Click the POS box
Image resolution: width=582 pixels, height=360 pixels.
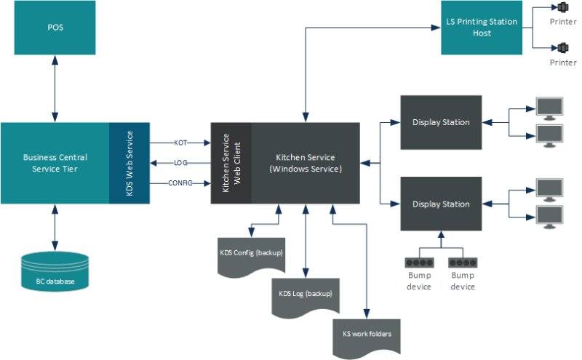pyautogui.click(x=55, y=28)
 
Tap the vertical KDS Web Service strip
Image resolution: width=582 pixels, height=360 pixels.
pyautogui.click(x=129, y=162)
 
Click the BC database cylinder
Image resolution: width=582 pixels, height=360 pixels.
pyautogui.click(x=55, y=273)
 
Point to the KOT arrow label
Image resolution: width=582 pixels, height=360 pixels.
pyautogui.click(x=181, y=143)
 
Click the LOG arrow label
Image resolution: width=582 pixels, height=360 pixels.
pyautogui.click(x=181, y=163)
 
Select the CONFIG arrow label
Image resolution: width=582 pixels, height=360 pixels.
pyautogui.click(x=181, y=183)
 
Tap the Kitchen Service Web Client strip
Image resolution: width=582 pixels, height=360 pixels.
pyautogui.click(x=231, y=162)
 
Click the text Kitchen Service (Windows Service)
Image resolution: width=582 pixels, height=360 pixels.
pyautogui.click(x=305, y=162)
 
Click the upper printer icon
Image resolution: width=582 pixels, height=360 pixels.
pyautogui.click(x=562, y=9)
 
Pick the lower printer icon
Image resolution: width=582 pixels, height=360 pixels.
pyautogui.click(x=562, y=48)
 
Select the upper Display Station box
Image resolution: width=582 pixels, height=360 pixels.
pyautogui.click(x=441, y=122)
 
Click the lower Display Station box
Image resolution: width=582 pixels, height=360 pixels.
pyautogui.click(x=441, y=204)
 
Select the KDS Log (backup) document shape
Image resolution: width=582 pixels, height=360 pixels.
pyautogui.click(x=305, y=296)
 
